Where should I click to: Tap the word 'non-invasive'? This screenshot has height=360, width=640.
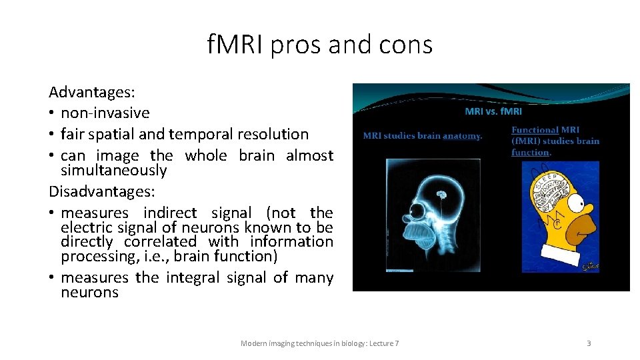[x=105, y=113]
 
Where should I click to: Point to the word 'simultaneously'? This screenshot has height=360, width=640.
[x=114, y=171]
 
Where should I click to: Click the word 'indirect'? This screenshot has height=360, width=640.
[x=170, y=213]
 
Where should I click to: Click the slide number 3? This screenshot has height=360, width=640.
[x=589, y=343]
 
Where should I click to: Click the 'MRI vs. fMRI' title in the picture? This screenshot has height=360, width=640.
[x=493, y=111]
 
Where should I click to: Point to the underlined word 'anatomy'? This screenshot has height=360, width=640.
[x=461, y=136]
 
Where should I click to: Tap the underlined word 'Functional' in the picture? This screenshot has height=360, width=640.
[x=535, y=130]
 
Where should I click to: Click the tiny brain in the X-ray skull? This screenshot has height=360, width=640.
[x=441, y=195]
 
